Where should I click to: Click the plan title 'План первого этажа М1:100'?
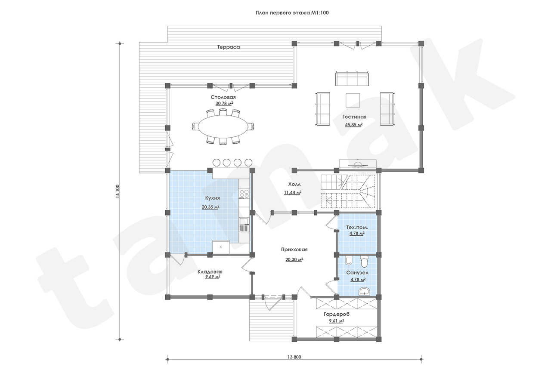pos(292,13)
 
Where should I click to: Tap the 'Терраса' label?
pos(229,47)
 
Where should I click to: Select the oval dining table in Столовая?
pos(223,127)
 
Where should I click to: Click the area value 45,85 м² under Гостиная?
pos(354,125)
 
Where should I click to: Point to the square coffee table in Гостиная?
pos(353,100)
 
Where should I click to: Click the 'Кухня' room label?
pos(213,198)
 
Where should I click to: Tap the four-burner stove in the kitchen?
pos(244,194)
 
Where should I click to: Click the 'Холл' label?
pos(294,184)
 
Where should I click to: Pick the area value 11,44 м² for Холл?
pos(293,193)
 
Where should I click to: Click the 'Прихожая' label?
pos(294,250)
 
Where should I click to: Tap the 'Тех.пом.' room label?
pos(357,228)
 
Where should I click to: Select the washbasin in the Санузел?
pos(364,291)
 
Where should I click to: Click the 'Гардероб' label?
pos(337,314)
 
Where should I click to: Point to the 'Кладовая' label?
pos(210,271)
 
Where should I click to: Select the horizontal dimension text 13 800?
pos(294,357)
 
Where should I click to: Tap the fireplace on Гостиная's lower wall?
pos(358,164)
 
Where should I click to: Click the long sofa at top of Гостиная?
pos(352,79)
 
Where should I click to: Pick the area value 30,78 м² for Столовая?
pos(224,104)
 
